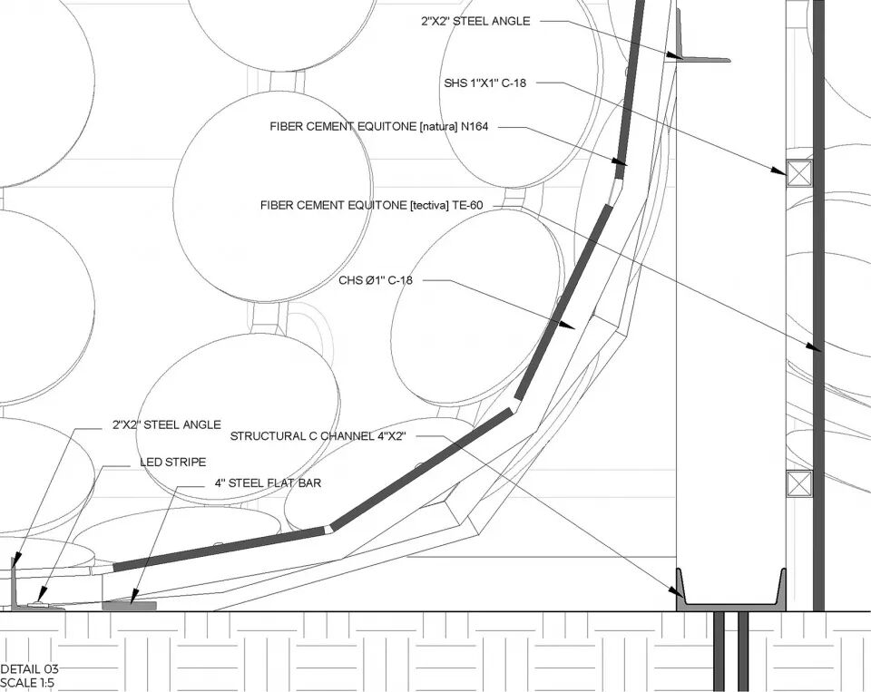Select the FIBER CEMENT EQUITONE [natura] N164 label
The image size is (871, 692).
[x=378, y=127]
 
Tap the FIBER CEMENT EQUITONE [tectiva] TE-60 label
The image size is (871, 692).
[x=371, y=206]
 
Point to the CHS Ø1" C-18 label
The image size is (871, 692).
[x=376, y=280]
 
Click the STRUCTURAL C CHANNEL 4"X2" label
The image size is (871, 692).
[x=317, y=436]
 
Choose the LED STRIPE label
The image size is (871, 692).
[x=172, y=462]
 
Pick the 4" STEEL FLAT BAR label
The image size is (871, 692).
[x=268, y=483]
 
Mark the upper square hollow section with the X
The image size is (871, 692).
[x=799, y=172]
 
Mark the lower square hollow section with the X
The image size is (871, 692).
[x=799, y=483]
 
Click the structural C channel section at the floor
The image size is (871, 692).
[x=731, y=600]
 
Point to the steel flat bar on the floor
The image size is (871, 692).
[x=130, y=605]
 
